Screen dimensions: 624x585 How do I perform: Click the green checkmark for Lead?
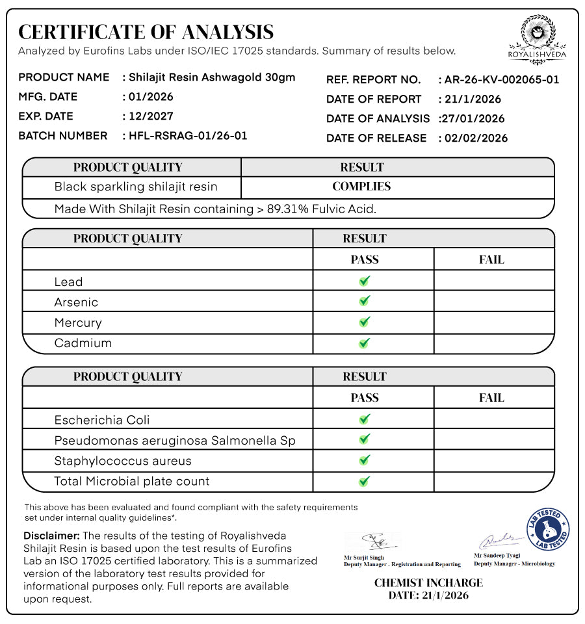click(x=365, y=281)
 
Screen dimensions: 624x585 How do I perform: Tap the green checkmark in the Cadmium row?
click(x=365, y=343)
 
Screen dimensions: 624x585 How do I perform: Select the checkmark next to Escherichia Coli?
click(x=365, y=419)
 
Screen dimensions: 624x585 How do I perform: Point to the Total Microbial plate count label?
click(x=132, y=482)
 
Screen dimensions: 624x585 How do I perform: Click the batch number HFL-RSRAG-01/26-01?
click(x=188, y=136)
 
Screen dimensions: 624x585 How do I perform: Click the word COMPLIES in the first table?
click(x=361, y=187)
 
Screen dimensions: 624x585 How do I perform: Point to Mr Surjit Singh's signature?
click(x=373, y=541)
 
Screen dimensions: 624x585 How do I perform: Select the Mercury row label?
click(x=78, y=323)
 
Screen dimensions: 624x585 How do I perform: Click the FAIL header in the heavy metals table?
click(x=491, y=260)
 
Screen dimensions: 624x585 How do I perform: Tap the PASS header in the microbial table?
click(x=365, y=398)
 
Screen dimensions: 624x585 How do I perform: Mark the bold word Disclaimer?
click(x=51, y=536)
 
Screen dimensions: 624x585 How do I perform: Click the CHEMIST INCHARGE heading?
click(x=428, y=583)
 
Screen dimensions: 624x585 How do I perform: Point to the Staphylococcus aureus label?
click(x=123, y=461)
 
